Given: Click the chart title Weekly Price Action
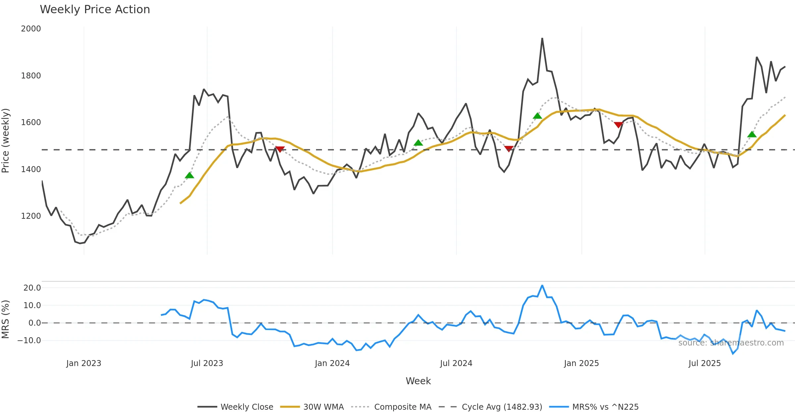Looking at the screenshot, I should (x=95, y=10).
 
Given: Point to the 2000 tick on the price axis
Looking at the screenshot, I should (x=31, y=29).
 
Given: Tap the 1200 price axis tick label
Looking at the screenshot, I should (x=31, y=216).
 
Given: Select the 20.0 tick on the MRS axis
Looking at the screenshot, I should (x=32, y=288).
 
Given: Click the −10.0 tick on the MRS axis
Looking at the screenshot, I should (x=29, y=340).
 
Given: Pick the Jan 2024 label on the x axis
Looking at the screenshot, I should (x=332, y=363).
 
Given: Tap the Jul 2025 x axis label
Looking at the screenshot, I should (x=705, y=363).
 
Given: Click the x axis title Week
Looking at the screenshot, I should (x=418, y=381).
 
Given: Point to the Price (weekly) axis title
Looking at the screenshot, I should (x=5, y=141).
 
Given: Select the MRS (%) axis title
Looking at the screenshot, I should (x=5, y=319).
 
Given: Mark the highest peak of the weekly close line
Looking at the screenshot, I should (x=542, y=38).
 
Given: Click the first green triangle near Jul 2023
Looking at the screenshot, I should (x=189, y=175).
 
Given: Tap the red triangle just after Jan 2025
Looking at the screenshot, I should (x=618, y=125).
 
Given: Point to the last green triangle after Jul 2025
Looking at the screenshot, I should (x=752, y=134).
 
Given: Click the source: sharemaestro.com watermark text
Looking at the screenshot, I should (x=731, y=343).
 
